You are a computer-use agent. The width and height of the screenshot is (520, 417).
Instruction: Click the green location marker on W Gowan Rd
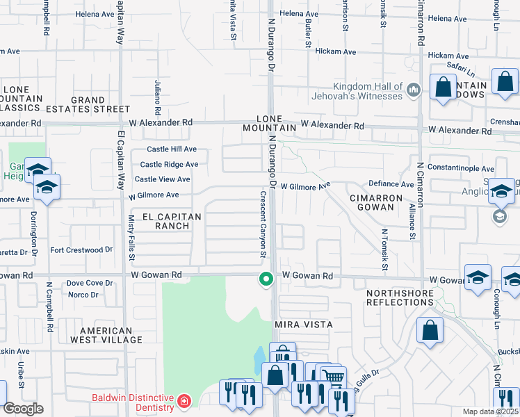click(265, 279)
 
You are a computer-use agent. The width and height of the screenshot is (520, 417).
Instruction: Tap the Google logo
click(23, 409)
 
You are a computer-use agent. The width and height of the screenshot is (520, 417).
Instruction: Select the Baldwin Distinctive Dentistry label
click(131, 400)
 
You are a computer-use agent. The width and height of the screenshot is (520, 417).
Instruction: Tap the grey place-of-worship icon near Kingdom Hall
click(414, 89)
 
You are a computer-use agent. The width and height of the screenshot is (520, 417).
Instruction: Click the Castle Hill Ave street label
click(172, 149)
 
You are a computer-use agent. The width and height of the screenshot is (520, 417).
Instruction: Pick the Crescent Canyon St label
click(263, 224)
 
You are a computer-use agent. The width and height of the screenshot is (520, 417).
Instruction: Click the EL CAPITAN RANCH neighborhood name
click(171, 222)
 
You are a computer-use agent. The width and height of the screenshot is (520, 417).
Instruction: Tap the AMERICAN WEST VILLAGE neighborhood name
click(111, 336)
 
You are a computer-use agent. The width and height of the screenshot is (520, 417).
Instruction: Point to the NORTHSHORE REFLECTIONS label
click(400, 297)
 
